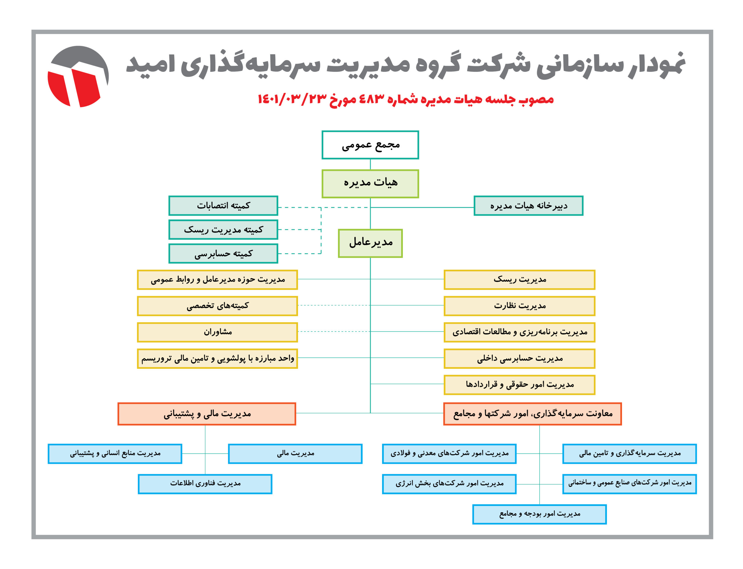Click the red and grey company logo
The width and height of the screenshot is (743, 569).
[78, 77]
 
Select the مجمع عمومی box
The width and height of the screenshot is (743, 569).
[370, 145]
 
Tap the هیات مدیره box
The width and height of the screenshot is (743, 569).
[370, 183]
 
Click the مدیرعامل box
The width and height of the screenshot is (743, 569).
[370, 243]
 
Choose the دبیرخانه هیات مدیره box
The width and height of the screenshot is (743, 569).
[528, 206]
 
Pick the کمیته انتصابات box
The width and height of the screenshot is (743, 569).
[223, 206]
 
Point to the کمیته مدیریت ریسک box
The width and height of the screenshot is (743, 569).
[223, 230]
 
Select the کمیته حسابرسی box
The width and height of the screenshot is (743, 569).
[223, 253]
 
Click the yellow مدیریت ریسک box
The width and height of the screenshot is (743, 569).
[519, 280]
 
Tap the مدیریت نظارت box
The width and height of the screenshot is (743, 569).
[519, 306]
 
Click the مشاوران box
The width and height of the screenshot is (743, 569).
[217, 332]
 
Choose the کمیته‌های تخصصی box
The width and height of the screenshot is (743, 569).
[217, 306]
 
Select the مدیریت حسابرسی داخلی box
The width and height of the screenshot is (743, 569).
[519, 358]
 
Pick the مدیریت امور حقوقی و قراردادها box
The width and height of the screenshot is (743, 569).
[519, 385]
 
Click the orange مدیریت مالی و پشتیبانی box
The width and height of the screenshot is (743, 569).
[207, 414]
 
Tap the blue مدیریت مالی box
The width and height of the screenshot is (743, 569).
[295, 454]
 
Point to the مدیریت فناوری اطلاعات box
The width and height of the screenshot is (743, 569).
[205, 484]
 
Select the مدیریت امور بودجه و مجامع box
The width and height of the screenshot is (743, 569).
[539, 514]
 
